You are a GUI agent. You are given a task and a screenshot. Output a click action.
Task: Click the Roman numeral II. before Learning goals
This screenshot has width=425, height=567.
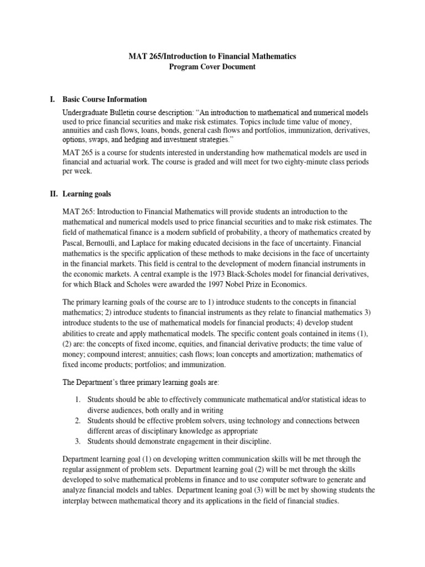pos(54,194)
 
